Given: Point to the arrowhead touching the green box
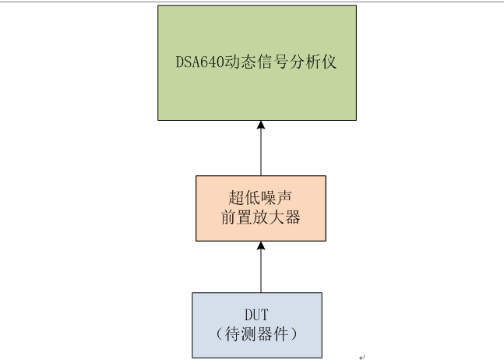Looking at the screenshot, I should tap(261, 125).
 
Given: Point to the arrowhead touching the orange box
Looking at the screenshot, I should tap(261, 245).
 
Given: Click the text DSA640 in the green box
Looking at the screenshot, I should tap(199, 62).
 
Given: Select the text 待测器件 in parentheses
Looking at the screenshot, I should tap(257, 334).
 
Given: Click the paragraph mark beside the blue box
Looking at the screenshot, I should tap(362, 356).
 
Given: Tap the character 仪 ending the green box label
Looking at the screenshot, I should tap(329, 62).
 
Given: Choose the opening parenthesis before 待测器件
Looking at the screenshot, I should tap(219, 334).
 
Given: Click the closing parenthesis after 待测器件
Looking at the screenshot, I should tap(294, 334).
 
